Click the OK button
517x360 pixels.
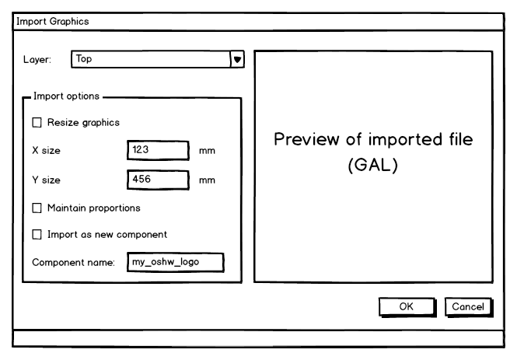(406, 307)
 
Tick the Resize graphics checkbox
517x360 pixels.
(37, 122)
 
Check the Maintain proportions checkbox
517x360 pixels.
(37, 208)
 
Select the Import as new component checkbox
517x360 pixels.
(37, 234)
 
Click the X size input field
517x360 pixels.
(158, 151)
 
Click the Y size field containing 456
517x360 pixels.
(158, 180)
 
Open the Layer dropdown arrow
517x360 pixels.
(238, 59)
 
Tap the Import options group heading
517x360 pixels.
(66, 97)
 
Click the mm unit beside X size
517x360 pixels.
(207, 151)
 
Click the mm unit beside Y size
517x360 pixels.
(207, 180)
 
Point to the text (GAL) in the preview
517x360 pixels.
(373, 167)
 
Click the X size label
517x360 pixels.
(46, 151)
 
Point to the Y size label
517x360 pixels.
(46, 180)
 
